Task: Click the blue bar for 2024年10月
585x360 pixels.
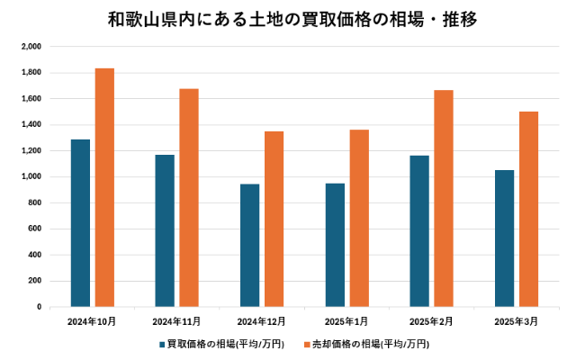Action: click(x=80, y=223)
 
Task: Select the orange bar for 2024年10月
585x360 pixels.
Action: click(x=104, y=187)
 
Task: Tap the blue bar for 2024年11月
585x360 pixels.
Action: click(x=165, y=230)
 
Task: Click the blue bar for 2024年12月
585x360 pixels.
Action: click(x=249, y=246)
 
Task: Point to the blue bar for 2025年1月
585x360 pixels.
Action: click(x=335, y=245)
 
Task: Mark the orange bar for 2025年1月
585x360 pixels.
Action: click(x=359, y=218)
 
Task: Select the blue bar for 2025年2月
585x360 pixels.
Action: click(x=419, y=231)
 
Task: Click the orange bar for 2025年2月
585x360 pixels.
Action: click(x=444, y=198)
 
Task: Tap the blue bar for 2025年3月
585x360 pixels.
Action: click(x=505, y=238)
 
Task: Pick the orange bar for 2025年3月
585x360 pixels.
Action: click(x=529, y=209)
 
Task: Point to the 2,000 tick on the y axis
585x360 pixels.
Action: click(x=31, y=46)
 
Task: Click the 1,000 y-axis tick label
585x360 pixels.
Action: click(x=31, y=176)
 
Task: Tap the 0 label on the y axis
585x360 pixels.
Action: click(x=38, y=307)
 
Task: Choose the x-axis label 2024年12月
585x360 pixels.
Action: click(x=261, y=321)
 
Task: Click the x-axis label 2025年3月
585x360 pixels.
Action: click(x=517, y=321)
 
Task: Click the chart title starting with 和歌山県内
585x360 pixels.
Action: click(x=292, y=18)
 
